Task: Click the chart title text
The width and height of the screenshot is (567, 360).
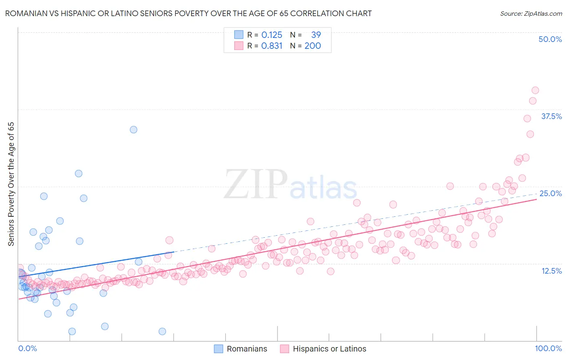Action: click(188, 13)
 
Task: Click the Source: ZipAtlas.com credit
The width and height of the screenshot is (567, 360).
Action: click(531, 13)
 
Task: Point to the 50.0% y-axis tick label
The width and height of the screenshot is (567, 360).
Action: click(550, 39)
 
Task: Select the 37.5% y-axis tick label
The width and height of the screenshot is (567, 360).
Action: click(551, 116)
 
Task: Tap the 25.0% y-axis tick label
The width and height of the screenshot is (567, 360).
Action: click(550, 193)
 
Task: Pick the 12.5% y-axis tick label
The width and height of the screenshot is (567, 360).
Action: click(551, 271)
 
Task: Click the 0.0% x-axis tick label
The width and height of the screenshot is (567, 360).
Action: click(27, 348)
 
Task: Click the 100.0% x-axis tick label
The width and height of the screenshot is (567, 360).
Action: click(548, 348)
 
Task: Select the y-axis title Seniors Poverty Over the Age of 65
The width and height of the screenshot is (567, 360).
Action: click(11, 184)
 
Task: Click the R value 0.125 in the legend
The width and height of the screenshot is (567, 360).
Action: click(272, 35)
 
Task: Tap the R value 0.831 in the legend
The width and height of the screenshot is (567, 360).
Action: click(272, 46)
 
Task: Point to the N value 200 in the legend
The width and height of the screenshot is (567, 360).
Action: click(313, 46)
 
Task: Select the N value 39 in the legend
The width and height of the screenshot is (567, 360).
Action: click(316, 35)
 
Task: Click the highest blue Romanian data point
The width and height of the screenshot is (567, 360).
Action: click(133, 130)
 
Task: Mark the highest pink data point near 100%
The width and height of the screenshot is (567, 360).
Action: click(535, 90)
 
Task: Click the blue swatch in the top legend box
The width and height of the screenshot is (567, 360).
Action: click(239, 35)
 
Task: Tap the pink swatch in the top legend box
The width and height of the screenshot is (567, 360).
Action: click(239, 46)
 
